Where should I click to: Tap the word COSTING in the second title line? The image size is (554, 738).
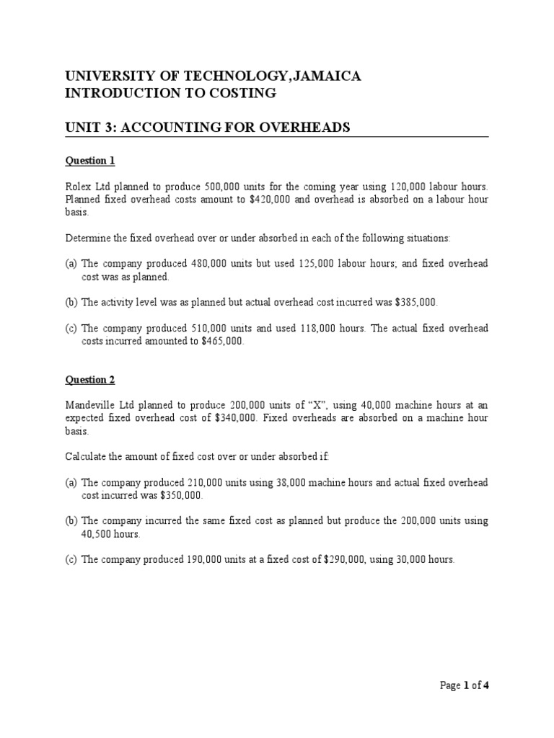241,93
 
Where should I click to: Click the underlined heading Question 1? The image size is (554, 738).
90,160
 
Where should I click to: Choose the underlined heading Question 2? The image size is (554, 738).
90,379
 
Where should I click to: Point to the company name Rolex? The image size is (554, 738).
78,185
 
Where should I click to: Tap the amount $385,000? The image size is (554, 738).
415,303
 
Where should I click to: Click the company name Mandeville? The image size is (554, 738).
92,405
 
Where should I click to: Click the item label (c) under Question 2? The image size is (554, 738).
72,560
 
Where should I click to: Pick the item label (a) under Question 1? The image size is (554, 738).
72,264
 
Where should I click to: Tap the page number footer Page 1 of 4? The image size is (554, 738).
465,685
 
